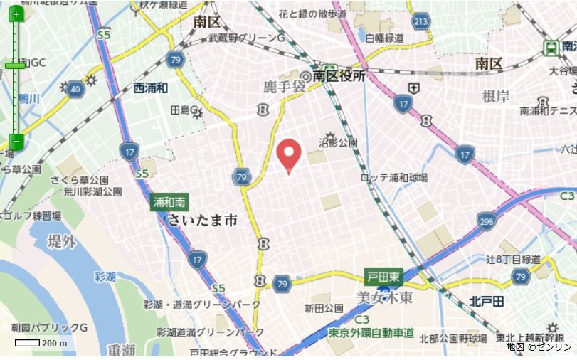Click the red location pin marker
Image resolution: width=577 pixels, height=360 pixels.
point(288,155)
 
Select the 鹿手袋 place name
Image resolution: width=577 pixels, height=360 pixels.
point(283,87)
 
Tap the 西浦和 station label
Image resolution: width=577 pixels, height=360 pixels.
point(150,88)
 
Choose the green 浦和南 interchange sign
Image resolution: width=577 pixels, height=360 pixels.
point(169,202)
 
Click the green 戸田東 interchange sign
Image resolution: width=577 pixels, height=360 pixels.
point(383,276)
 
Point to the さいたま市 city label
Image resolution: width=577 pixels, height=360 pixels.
point(202,221)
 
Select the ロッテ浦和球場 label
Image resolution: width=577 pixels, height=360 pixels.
point(393,178)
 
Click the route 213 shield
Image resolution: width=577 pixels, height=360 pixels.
point(421,21)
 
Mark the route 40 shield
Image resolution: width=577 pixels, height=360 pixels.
point(75,88)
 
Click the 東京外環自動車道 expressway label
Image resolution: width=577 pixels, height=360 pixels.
point(371,332)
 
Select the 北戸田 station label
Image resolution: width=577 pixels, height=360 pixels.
point(487,302)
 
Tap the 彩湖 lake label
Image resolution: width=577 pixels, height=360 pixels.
point(105,276)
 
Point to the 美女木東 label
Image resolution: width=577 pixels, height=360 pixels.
point(384,297)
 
